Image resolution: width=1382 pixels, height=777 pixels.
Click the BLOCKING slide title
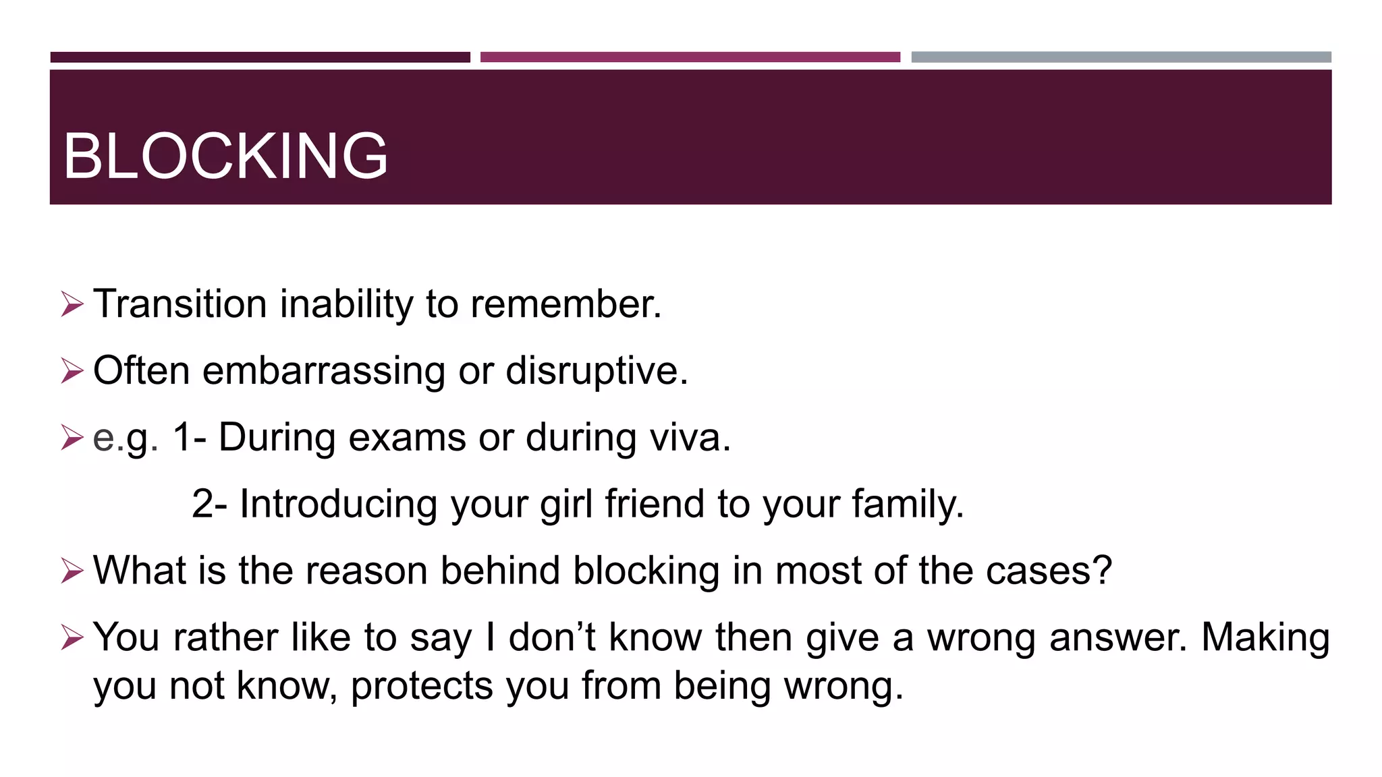[225, 156]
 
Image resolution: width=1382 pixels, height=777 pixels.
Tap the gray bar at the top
[1121, 57]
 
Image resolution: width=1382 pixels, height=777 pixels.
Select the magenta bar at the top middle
[690, 57]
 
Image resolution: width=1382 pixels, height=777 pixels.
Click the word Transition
[180, 304]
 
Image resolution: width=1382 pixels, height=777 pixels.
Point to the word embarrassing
[324, 371]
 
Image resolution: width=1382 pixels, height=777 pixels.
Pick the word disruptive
[597, 371]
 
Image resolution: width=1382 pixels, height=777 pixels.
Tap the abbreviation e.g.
[126, 438]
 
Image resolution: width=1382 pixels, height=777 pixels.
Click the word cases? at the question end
[1049, 571]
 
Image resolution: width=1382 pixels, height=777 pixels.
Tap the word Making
[1265, 637]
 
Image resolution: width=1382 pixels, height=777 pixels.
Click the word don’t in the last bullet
[552, 637]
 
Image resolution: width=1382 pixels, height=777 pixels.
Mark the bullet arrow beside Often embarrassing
[72, 370]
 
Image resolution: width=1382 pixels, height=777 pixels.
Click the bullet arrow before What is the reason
[72, 570]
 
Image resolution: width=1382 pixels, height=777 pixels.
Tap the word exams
[407, 437]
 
